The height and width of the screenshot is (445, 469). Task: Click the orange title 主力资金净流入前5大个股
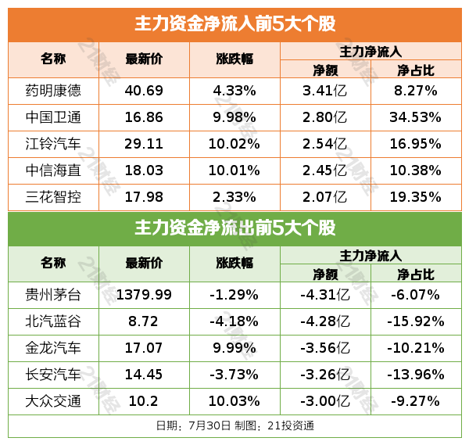[x=234, y=24]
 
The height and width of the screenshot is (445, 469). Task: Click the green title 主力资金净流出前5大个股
[x=234, y=229]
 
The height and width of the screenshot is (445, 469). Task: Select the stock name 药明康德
[x=53, y=91]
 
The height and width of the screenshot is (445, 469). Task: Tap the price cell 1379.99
[x=144, y=295]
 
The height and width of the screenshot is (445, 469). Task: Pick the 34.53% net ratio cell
[x=415, y=117]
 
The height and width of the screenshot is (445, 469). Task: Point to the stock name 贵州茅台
[x=53, y=295]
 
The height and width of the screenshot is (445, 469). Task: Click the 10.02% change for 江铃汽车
[x=234, y=144]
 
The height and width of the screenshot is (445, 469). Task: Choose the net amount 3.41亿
[x=324, y=91]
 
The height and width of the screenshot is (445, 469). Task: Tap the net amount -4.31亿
[x=324, y=295]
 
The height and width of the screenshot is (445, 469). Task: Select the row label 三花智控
[x=53, y=197]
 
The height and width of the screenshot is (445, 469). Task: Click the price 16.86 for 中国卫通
[x=144, y=117]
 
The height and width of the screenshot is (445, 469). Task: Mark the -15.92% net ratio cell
[x=415, y=321]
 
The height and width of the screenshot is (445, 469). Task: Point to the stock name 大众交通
[x=53, y=401]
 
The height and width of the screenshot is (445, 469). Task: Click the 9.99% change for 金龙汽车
[x=234, y=348]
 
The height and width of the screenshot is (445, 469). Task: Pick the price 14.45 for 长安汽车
[x=144, y=375]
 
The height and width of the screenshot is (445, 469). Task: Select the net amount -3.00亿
[x=324, y=401]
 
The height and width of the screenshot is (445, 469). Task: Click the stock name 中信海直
[x=53, y=170]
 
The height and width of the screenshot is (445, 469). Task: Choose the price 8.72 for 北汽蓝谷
[x=144, y=321]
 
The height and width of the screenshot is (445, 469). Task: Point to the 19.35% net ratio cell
[x=415, y=197]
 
